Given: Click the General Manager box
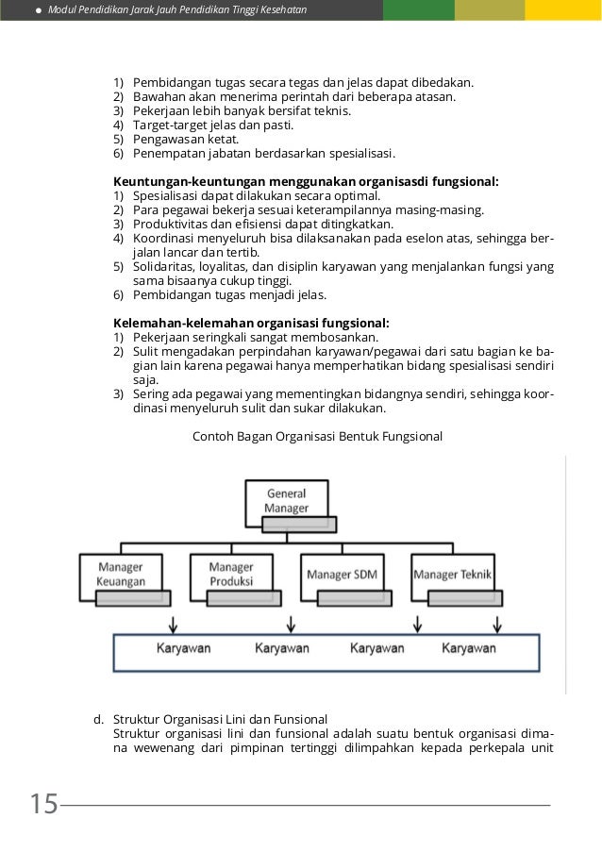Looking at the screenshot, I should tap(286, 501).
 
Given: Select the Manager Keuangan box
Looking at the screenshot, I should tap(121, 575).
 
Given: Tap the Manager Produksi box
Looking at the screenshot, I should tap(230, 575).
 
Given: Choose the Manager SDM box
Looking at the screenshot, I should tap(341, 575).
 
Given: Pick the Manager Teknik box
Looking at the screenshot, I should tap(452, 575).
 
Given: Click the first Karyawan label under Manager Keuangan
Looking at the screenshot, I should tap(183, 648).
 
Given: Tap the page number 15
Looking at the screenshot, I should tap(43, 805).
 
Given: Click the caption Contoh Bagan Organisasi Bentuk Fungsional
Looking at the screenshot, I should tap(317, 437).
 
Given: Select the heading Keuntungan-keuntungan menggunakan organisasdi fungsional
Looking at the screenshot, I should tap(307, 181).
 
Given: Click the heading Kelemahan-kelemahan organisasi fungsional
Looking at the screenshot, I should tap(251, 323).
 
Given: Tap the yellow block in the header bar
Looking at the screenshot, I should tap(563, 10).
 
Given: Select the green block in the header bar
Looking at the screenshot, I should tap(418, 10).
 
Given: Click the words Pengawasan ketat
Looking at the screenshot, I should tap(185, 139).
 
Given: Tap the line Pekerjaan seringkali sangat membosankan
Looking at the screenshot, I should tap(256, 337).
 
